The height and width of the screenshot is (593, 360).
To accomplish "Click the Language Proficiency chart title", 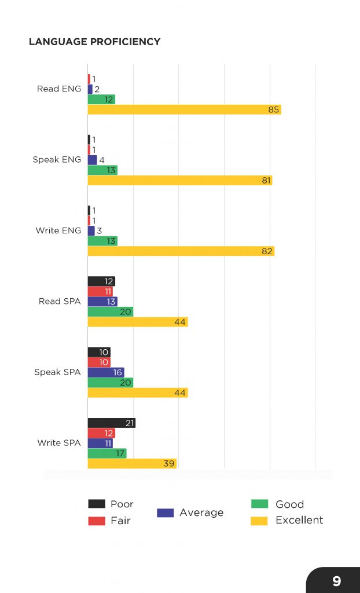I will point(94,42).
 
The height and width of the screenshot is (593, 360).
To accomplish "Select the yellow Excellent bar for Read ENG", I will point(184,109).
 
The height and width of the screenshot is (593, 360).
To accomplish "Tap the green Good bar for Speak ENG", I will point(102,170).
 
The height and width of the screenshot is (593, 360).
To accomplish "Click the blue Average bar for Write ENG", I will point(91,230).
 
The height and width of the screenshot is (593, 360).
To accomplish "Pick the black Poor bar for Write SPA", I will point(111,423).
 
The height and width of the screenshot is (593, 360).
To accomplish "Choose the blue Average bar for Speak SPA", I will point(106,372).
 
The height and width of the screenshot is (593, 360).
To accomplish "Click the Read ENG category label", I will point(59,89).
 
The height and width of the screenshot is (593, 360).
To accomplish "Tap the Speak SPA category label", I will point(57,372).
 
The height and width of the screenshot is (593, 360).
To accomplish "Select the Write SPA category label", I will point(59,442).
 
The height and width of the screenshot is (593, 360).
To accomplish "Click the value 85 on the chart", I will point(274,109).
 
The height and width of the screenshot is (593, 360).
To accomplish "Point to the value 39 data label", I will point(169,463).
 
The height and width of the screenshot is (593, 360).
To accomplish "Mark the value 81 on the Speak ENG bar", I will point(266,180).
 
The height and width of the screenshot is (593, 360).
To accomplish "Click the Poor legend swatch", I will point(97,504).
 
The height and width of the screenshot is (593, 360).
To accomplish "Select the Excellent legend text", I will point(299,520).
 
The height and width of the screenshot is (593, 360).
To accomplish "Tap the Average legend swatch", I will point(165,513).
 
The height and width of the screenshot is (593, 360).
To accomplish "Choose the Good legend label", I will point(289,504).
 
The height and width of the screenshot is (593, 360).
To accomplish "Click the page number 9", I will point(336,581).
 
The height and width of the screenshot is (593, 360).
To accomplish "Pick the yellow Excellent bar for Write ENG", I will point(181,251).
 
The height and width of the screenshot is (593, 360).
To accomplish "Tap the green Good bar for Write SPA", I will point(107,453).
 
